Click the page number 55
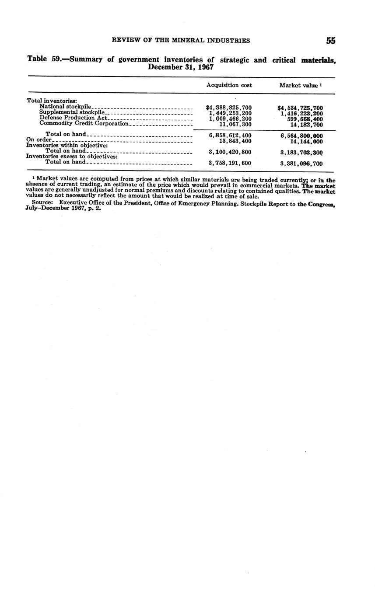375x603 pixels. coord(330,41)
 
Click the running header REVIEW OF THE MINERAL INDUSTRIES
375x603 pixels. coord(181,41)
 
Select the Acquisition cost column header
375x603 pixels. coord(229,85)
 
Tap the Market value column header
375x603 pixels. coord(298,86)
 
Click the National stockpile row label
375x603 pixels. coord(65,107)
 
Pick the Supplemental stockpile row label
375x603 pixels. coord(72,112)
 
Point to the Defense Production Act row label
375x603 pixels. coord(73,118)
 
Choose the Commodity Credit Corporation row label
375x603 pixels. coord(84,123)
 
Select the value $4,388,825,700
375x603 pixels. coord(229,108)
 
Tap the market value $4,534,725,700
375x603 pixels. coord(300,108)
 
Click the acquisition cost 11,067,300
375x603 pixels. coord(235,124)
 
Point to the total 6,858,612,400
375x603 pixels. coord(230,136)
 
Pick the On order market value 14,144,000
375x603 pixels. coord(306,142)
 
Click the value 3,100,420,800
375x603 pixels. coord(230,152)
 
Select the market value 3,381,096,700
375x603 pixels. coord(301,164)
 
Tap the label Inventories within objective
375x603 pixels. coord(67,145)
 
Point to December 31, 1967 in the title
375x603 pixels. coord(181,67)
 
